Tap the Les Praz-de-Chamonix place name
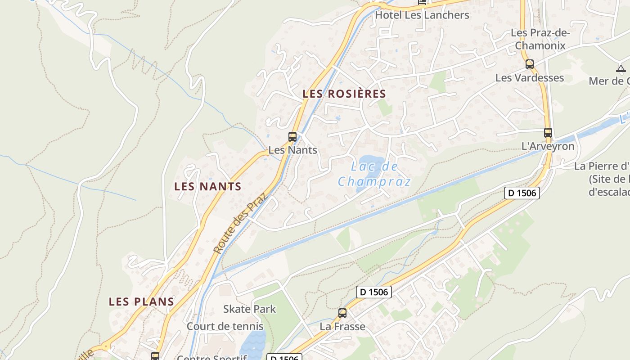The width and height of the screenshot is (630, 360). click(x=540, y=39)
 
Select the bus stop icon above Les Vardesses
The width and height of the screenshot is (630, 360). click(x=530, y=64)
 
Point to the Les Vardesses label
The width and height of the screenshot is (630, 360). click(x=529, y=78)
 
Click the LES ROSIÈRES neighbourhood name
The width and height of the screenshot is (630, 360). click(x=344, y=94)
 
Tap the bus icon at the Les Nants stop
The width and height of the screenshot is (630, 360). click(x=292, y=137)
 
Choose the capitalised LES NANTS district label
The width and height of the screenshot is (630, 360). click(x=208, y=186)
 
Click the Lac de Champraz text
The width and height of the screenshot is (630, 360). click(x=374, y=174)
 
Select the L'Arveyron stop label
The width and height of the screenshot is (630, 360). click(x=548, y=146)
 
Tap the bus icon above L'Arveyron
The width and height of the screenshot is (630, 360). click(x=548, y=133)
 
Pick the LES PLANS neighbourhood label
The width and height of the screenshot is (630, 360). click(x=141, y=301)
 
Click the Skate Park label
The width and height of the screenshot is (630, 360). click(x=249, y=309)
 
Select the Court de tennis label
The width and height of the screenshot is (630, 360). click(x=225, y=326)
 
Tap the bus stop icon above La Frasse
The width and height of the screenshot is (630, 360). click(x=342, y=313)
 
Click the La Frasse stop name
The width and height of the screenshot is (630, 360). click(x=342, y=326)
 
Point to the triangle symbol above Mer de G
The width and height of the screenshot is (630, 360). click(x=621, y=69)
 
